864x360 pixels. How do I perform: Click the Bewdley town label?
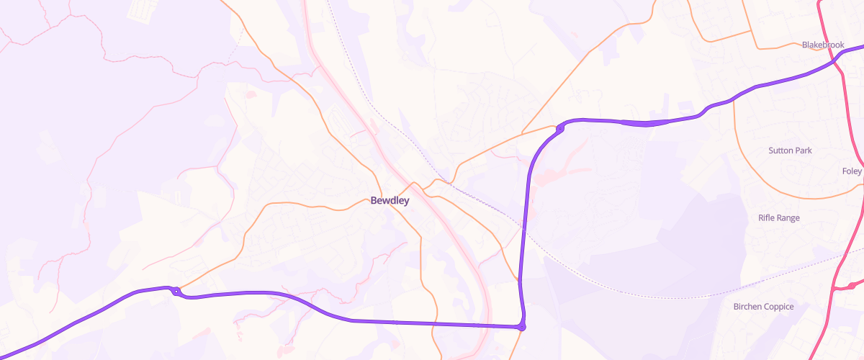coord(390,201)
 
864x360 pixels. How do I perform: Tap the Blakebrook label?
coord(822,45)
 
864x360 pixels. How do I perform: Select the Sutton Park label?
coord(790,150)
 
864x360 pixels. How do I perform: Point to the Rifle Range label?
coord(779,217)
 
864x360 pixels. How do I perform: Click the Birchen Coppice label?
coord(763,307)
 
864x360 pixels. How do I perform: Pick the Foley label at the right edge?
coord(852,171)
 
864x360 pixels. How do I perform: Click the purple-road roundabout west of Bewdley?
coord(176,291)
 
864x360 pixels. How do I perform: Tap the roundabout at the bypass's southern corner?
coord(521,328)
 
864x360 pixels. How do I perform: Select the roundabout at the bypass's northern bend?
coord(559,129)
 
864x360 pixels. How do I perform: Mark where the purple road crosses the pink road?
coord(837,63)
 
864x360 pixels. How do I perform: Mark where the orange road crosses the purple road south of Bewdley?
coord(436,323)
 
